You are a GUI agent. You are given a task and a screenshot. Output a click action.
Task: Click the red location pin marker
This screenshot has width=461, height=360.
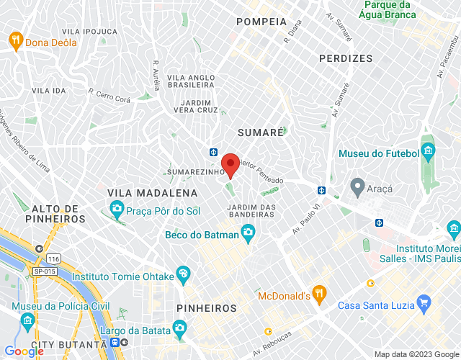[x=230, y=165]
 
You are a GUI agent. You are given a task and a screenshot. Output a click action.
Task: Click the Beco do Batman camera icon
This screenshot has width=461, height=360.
[x=248, y=231]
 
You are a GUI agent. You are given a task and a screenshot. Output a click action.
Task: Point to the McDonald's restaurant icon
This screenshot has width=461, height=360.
[x=320, y=293]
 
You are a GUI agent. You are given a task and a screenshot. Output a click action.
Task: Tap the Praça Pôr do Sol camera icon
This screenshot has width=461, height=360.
[x=116, y=210]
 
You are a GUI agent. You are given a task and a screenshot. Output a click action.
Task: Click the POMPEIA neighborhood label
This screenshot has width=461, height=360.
[x=260, y=22]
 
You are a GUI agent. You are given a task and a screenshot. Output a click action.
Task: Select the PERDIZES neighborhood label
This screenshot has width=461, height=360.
[x=346, y=58]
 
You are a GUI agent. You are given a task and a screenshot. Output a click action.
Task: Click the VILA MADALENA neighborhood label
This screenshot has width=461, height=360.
[x=152, y=193]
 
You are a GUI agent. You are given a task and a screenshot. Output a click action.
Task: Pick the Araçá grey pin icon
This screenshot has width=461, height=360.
[x=357, y=187]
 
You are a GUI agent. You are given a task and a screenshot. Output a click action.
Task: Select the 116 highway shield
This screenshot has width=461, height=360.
[x=52, y=257]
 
